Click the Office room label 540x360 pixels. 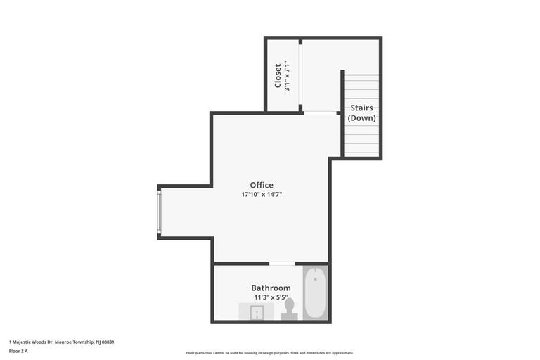pyautogui.click(x=262, y=186)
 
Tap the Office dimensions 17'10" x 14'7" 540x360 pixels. pyautogui.click(x=262, y=195)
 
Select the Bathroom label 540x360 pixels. pyautogui.click(x=271, y=288)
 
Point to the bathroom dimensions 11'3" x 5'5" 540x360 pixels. pyautogui.click(x=271, y=297)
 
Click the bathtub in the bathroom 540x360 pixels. pyautogui.click(x=315, y=292)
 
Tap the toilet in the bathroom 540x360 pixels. pyautogui.click(x=289, y=309)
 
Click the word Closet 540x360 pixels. pyautogui.click(x=278, y=76)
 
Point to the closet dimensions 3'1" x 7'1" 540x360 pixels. pyautogui.click(x=288, y=76)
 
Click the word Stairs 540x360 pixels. pyautogui.click(x=361, y=108)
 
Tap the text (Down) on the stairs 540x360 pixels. pyautogui.click(x=361, y=118)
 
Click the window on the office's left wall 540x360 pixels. pyautogui.click(x=160, y=212)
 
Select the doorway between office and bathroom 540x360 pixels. pyautogui.click(x=282, y=264)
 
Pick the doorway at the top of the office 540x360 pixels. pyautogui.click(x=320, y=112)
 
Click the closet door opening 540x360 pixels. pyautogui.click(x=300, y=75)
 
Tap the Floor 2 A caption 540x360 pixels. pyautogui.click(x=18, y=350)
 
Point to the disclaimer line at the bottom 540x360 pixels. pyautogui.click(x=270, y=353)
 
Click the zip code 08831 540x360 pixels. pyautogui.click(x=108, y=342)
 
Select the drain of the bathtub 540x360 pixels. pyautogui.click(x=315, y=279)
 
